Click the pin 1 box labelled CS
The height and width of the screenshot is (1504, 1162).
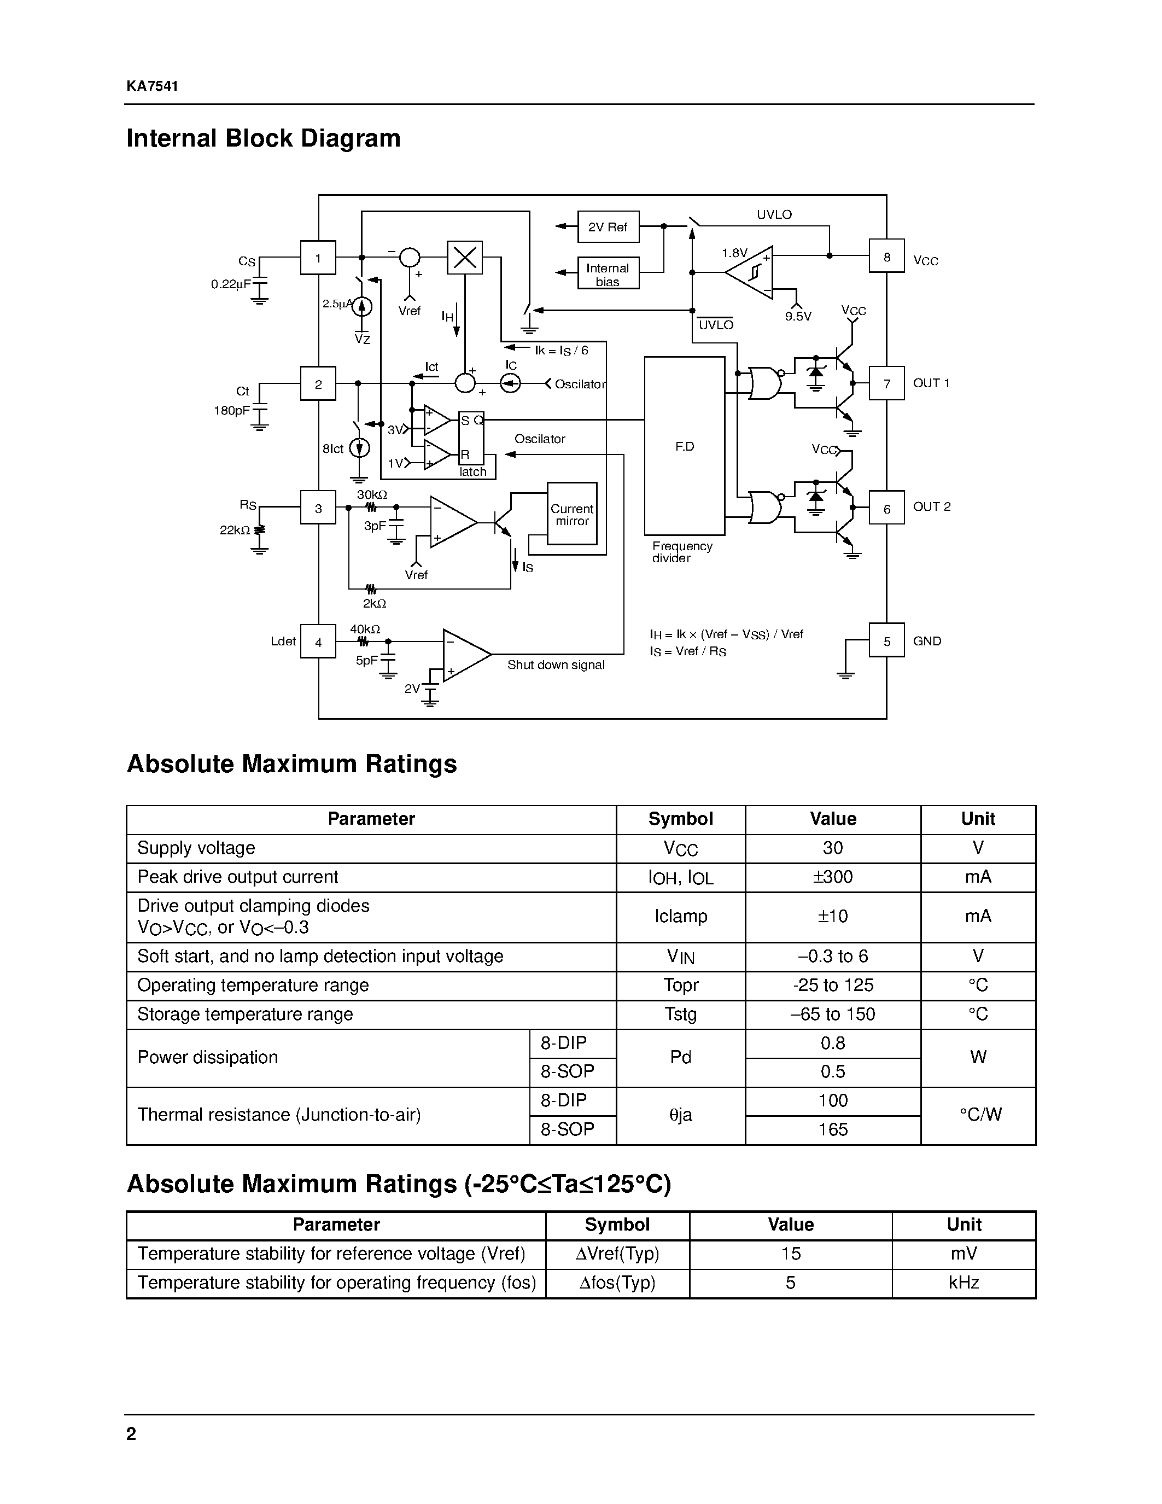coord(318,258)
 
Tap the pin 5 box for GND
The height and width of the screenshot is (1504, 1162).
coord(886,641)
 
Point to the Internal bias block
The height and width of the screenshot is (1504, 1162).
coord(608,274)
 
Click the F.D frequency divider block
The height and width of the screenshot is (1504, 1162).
coord(684,446)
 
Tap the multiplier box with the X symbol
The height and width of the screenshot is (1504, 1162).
coord(465,258)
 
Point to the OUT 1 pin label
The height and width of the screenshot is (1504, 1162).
coord(931,383)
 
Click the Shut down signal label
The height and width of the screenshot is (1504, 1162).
coord(556,665)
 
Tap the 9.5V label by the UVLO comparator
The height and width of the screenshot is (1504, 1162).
coord(798,317)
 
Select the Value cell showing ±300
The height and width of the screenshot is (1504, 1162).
coord(832,877)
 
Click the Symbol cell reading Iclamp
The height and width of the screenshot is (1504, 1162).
coord(680,917)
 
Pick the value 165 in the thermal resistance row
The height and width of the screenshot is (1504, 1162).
coord(832,1129)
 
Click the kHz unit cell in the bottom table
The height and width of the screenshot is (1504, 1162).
coord(963,1283)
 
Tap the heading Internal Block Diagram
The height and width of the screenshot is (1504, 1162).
coord(263,138)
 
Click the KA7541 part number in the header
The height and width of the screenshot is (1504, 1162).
coord(152,86)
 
